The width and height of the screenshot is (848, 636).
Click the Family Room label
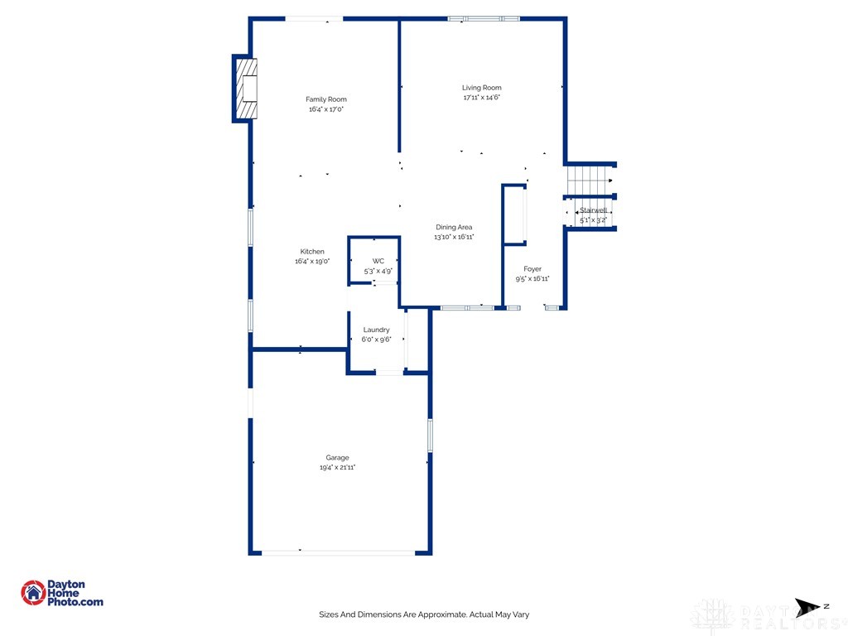(326, 99)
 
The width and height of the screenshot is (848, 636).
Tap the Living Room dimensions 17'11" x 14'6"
(482, 98)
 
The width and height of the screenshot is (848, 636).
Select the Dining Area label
(454, 227)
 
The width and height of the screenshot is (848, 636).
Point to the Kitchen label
(312, 252)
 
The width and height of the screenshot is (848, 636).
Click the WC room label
(378, 261)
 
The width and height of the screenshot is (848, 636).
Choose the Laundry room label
(377, 330)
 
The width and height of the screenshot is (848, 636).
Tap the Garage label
(338, 457)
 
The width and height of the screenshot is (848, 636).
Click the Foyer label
(532, 269)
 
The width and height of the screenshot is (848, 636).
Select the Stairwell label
(593, 210)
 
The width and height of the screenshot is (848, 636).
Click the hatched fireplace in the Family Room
(247, 89)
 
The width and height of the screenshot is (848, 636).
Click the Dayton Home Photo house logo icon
(33, 593)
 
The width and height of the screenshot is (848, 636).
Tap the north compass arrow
(807, 607)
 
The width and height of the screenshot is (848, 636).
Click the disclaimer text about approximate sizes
(424, 614)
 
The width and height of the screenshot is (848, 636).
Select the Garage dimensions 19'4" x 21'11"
(338, 467)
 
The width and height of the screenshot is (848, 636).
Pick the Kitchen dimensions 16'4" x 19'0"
(312, 261)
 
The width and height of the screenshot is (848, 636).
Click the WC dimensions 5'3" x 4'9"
(378, 271)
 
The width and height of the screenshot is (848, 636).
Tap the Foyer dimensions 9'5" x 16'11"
(532, 278)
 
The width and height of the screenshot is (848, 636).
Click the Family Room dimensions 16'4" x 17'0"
(326, 108)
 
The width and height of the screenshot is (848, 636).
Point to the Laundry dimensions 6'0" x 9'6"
(377, 340)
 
